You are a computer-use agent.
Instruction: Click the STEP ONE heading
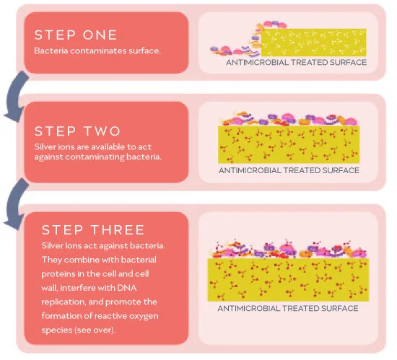pos(75,35)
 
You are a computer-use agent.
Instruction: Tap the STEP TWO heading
pos(78,131)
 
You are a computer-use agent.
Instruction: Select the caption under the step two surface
pos(288,171)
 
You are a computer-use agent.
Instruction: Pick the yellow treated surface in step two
pos(288,144)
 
